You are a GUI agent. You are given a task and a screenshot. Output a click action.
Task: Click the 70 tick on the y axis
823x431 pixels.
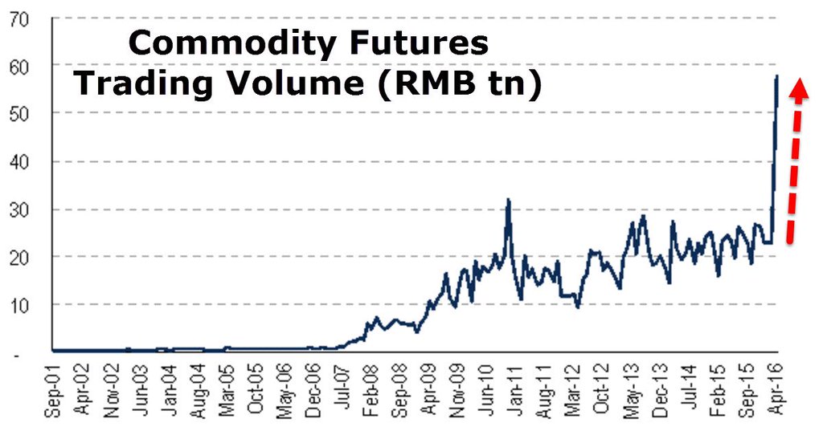click(18, 18)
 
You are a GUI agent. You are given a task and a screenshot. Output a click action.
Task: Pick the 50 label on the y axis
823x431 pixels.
click(18, 113)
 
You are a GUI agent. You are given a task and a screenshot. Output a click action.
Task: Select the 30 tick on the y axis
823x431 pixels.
click(18, 209)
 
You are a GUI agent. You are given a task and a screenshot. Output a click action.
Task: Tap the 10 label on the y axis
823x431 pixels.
click(18, 305)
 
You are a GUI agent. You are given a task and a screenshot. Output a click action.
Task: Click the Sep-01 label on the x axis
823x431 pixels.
click(53, 391)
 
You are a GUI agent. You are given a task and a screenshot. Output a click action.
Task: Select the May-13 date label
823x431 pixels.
click(631, 391)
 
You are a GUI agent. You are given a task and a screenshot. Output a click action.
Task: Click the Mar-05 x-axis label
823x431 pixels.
click(227, 391)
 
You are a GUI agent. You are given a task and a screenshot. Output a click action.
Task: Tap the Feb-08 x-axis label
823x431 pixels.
click(371, 391)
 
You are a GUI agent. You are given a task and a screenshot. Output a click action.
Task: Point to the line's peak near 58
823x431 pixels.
click(776, 76)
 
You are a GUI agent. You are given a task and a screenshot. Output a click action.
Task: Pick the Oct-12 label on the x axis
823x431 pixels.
click(602, 391)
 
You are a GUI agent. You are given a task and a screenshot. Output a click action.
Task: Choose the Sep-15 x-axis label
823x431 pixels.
click(747, 391)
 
